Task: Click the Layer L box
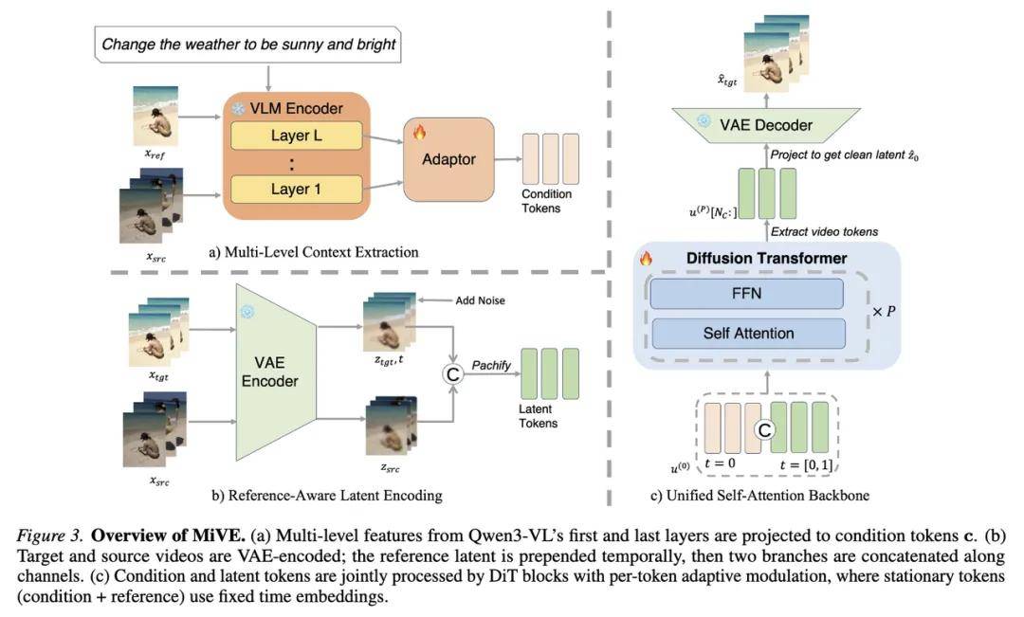click(x=297, y=136)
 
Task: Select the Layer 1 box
click(x=297, y=190)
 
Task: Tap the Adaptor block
click(x=448, y=159)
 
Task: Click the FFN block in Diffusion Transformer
click(x=746, y=294)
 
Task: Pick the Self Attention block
click(x=748, y=334)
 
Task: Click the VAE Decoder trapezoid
click(x=766, y=125)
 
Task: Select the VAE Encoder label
click(x=269, y=372)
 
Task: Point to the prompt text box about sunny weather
click(x=248, y=45)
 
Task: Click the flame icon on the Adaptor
click(x=419, y=133)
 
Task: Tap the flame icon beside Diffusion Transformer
click(x=646, y=258)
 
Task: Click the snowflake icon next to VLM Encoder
click(x=238, y=108)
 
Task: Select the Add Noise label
click(x=480, y=300)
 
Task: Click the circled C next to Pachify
click(x=452, y=374)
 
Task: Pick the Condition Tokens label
click(x=547, y=201)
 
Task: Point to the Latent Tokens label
click(x=539, y=416)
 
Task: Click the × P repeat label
click(x=884, y=312)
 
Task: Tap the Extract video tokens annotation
click(x=824, y=232)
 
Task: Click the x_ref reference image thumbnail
click(x=155, y=117)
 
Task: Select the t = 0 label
click(x=720, y=463)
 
